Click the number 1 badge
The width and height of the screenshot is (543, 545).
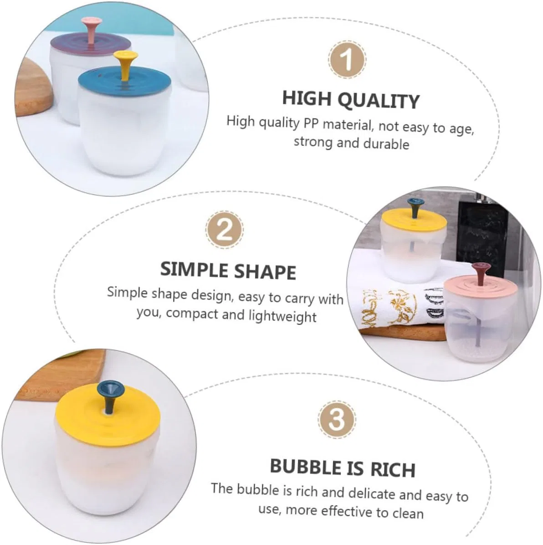click(346, 60)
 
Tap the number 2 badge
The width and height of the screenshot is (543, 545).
click(224, 230)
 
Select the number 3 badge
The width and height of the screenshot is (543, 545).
click(336, 419)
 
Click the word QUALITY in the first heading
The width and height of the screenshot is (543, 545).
click(379, 101)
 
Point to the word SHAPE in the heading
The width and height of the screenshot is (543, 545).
click(265, 272)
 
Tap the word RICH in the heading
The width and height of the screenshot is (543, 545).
click(393, 469)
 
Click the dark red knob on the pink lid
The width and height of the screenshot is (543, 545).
click(481, 273)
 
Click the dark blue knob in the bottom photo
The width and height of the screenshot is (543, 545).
click(111, 396)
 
